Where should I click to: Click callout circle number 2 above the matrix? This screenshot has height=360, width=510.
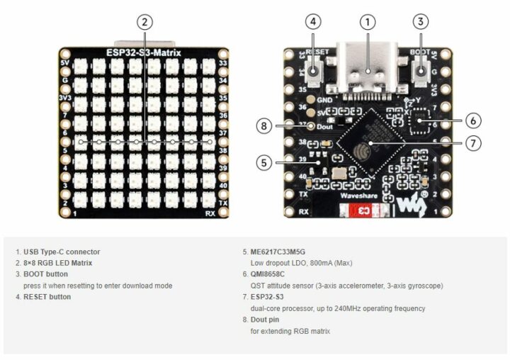point(145,22)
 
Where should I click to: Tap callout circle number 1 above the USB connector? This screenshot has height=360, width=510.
point(367,22)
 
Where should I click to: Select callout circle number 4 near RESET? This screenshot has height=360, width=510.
point(314,22)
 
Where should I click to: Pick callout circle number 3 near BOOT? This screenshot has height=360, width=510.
point(421,22)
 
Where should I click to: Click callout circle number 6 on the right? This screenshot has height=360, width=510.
point(474,121)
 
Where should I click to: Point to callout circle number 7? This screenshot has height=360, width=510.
point(474,143)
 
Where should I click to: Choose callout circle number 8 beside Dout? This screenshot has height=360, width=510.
point(263,126)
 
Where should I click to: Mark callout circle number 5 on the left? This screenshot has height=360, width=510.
point(263,163)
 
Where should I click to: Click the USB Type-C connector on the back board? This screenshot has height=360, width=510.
point(367,67)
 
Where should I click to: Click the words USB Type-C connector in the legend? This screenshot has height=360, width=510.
point(62,252)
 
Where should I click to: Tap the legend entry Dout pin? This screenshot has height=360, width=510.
point(264,320)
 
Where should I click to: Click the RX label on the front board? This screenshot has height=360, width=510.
point(210,213)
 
